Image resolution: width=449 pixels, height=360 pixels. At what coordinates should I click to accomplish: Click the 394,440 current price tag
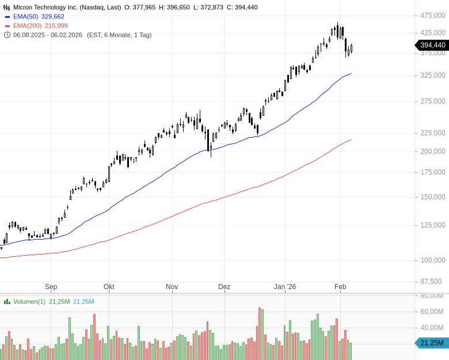432,45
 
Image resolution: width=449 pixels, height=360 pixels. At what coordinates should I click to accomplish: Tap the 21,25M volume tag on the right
432,343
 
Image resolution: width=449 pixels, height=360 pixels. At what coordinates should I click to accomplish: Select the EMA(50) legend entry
39,17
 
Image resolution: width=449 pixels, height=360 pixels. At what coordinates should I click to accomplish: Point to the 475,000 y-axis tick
432,15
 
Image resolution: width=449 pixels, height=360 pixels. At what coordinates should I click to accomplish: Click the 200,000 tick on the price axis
432,151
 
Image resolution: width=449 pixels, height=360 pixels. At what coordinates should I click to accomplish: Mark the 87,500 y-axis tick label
434,282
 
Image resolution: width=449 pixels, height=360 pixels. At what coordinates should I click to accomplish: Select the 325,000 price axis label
432,75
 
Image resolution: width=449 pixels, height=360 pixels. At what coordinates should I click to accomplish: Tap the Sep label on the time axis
51,287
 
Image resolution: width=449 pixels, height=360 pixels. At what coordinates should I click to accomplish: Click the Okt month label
109,287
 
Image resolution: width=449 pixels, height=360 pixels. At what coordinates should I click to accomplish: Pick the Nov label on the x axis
172,287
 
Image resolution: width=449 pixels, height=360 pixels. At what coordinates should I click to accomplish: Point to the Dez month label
224,287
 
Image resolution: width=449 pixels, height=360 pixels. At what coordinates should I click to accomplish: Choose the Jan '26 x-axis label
284,287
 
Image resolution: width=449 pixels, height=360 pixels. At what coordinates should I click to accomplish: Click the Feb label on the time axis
340,287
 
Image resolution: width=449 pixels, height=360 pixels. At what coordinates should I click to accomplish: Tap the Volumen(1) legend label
29,302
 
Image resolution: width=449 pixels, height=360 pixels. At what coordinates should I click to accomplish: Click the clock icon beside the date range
7,35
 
